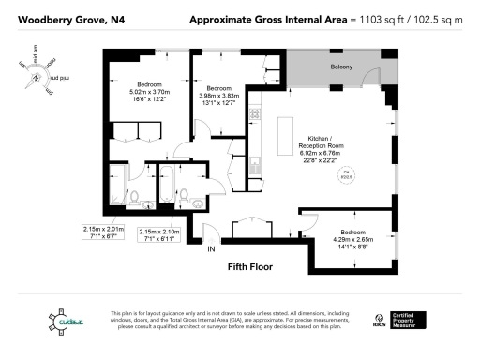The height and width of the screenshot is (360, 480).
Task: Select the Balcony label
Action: (x=341, y=68)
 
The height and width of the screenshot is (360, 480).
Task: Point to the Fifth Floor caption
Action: (x=250, y=267)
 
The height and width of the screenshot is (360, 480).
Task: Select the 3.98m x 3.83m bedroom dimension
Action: (x=219, y=95)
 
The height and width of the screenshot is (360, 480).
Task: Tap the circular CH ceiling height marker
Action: (x=345, y=173)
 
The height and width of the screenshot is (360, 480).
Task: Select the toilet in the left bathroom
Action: (x=135, y=196)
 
